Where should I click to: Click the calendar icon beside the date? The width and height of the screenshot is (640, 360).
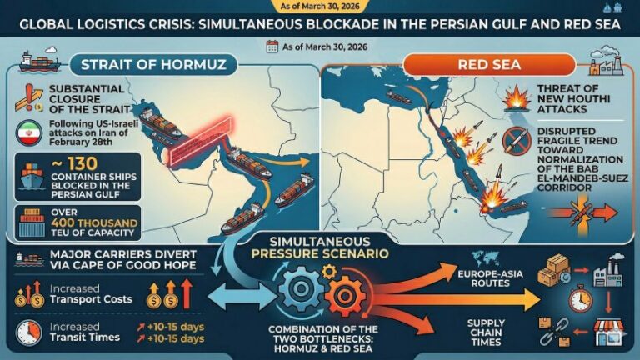[x=271, y=47]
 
